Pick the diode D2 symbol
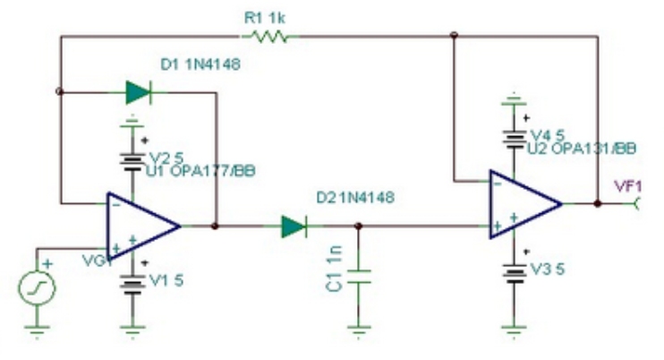[294, 227]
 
